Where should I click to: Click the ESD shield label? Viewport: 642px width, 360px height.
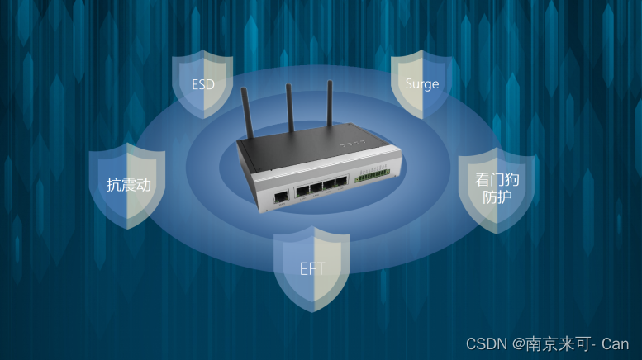(202, 83)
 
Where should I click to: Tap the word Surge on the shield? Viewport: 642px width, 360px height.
(421, 84)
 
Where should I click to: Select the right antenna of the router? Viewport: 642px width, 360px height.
(330, 101)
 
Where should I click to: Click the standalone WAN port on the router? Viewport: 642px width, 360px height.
(281, 197)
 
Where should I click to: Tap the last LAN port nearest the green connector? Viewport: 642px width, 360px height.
(340, 183)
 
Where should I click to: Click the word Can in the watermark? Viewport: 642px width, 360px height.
(615, 343)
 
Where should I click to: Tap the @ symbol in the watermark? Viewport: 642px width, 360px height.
(518, 343)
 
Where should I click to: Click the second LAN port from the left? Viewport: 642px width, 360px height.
(316, 188)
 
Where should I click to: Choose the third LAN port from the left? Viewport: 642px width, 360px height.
(328, 186)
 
